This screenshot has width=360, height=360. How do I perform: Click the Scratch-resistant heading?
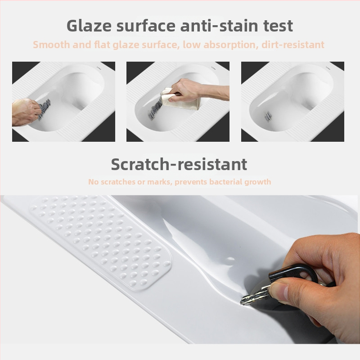pos(179,164)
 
